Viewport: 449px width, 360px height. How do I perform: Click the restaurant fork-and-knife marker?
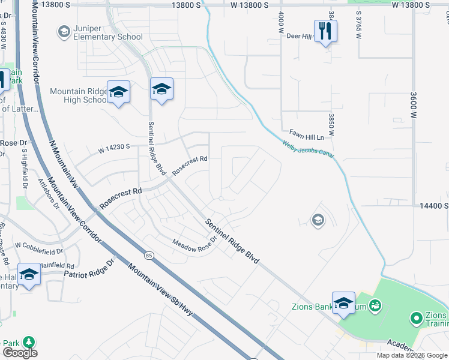325,31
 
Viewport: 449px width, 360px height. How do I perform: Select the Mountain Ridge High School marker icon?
118,93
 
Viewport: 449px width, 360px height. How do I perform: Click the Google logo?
20,353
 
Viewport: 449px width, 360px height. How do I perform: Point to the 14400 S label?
435,205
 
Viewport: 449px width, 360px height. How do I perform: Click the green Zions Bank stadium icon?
375,306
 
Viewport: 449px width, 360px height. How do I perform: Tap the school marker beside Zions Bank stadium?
343,303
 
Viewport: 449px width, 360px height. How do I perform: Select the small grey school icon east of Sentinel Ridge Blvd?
317,221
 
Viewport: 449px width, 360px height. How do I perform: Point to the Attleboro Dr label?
48,193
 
